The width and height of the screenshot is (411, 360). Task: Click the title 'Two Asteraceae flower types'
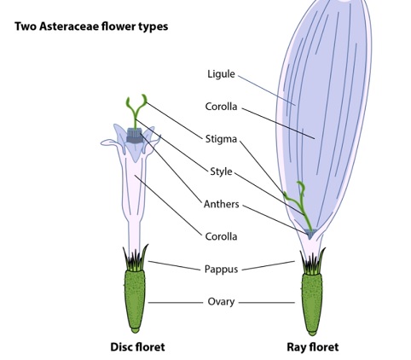click(91, 26)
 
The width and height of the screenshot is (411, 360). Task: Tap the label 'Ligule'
click(221, 74)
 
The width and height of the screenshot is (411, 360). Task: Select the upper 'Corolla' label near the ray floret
click(221, 107)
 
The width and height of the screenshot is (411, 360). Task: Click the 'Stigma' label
click(221, 139)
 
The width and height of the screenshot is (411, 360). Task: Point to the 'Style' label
click(221, 171)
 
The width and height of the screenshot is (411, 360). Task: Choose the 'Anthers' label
click(222, 204)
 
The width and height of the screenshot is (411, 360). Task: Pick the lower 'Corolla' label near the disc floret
click(221, 236)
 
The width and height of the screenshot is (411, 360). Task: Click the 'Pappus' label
click(221, 270)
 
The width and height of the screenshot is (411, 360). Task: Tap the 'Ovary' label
click(221, 302)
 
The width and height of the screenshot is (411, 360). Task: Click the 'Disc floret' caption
click(137, 347)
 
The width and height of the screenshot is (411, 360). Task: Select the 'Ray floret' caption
click(313, 347)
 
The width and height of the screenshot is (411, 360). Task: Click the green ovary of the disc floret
click(135, 301)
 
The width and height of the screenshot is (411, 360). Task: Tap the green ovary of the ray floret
click(312, 304)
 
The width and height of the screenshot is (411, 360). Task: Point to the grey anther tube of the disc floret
click(134, 136)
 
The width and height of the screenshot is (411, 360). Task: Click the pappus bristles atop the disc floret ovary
click(136, 259)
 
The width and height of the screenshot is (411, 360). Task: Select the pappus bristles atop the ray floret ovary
click(313, 263)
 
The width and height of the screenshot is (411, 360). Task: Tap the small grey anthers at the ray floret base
click(310, 234)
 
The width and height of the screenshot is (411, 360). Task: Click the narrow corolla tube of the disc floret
click(134, 211)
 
